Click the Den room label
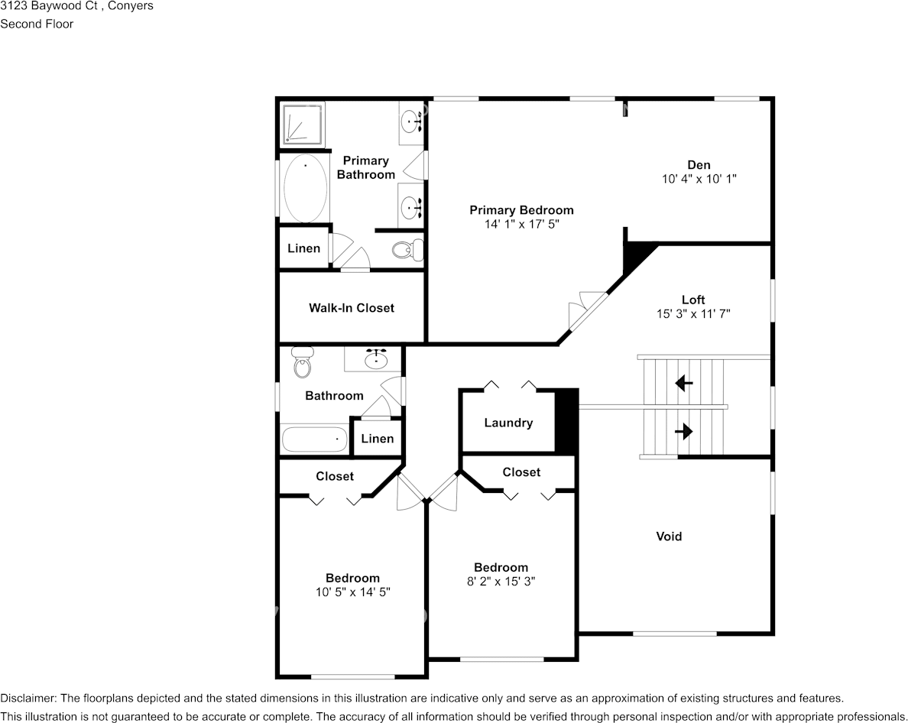tap(698, 164)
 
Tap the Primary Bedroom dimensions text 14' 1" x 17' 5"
tap(521, 224)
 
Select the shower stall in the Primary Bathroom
tap(303, 124)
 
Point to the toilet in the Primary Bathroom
tap(406, 248)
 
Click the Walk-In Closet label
tap(352, 308)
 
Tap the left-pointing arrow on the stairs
tap(683, 382)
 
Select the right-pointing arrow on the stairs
tap(683, 432)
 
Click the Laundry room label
tap(508, 423)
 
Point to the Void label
tap(669, 537)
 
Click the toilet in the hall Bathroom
tap(303, 364)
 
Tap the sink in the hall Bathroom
tap(376, 358)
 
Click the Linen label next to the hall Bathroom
tap(377, 439)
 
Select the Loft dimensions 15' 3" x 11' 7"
tap(693, 313)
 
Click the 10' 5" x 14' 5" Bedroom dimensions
tap(352, 592)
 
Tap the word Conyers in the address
tap(129, 6)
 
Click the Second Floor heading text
tap(37, 24)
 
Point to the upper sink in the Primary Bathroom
tap(412, 120)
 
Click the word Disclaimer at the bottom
tap(27, 698)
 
